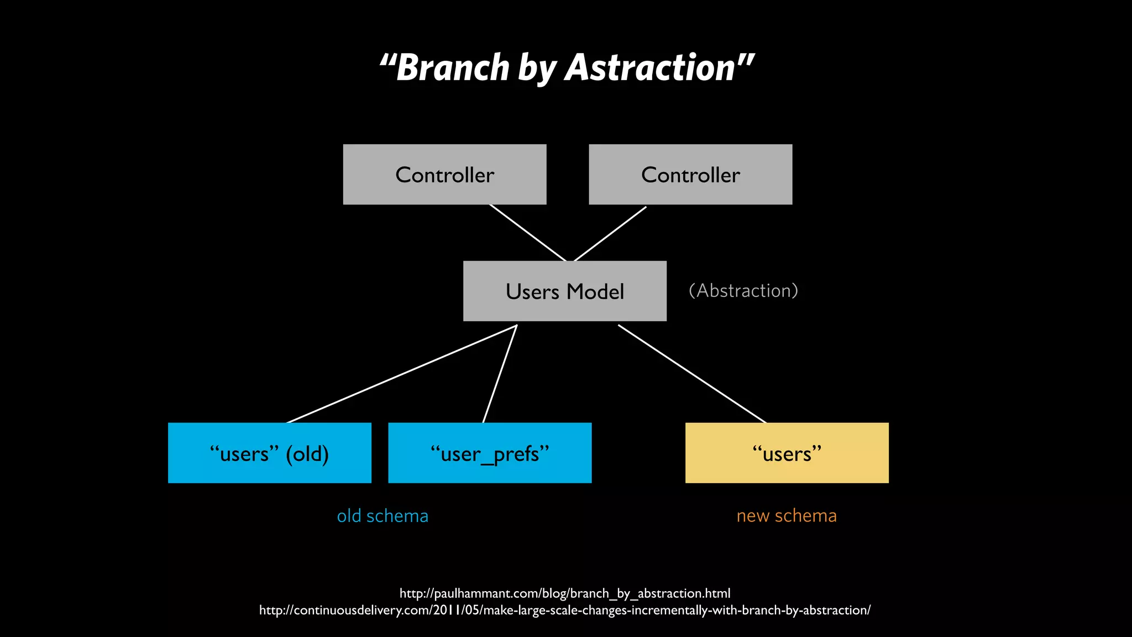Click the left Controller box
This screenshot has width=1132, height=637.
(x=444, y=175)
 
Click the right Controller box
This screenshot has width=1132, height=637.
(x=690, y=175)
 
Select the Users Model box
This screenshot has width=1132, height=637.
(x=564, y=291)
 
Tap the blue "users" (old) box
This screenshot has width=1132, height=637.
(x=269, y=453)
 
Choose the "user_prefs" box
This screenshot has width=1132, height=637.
(x=490, y=453)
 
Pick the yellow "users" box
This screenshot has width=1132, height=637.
(x=787, y=453)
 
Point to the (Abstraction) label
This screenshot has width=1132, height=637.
(x=743, y=291)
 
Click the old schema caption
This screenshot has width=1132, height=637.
(x=382, y=516)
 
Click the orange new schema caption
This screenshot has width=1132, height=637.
(x=787, y=516)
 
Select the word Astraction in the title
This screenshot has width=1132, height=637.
(x=649, y=68)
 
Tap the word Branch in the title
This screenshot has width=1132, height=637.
(x=453, y=68)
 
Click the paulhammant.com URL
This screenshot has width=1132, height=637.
(x=565, y=593)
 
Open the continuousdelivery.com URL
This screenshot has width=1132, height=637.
(x=565, y=610)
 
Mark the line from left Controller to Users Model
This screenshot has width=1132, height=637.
(x=528, y=233)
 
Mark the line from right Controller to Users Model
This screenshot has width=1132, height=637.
(x=610, y=233)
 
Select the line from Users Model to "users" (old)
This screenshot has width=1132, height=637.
(x=402, y=374)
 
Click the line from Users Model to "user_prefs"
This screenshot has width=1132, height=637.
(x=500, y=374)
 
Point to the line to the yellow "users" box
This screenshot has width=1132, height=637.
(x=692, y=374)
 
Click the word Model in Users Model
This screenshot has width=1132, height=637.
(x=595, y=291)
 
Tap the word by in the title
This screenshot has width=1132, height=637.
(x=537, y=69)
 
